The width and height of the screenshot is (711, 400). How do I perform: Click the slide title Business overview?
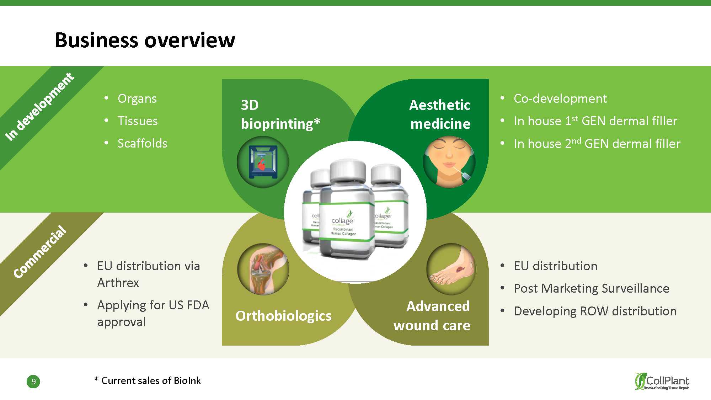click(x=145, y=40)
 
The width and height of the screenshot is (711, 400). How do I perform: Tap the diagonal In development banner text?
click(x=39, y=106)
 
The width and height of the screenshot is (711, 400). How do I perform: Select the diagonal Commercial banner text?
click(x=40, y=252)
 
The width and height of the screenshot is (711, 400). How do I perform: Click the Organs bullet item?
click(x=137, y=98)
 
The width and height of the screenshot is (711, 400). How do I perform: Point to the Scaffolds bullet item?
click(x=142, y=143)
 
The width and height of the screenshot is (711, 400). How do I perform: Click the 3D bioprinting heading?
click(x=280, y=114)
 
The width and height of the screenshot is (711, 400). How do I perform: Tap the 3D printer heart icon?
click(x=263, y=162)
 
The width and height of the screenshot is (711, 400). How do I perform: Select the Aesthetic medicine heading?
click(x=440, y=114)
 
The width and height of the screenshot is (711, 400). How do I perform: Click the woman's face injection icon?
click(x=449, y=162)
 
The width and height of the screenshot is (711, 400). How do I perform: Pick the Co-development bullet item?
click(x=560, y=98)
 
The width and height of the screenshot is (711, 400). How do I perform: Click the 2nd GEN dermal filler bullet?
click(x=597, y=144)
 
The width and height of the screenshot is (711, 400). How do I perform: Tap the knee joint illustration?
click(x=263, y=269)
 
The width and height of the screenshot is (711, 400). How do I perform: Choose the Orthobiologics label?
click(x=283, y=316)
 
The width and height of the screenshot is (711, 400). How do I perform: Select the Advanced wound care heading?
click(x=432, y=316)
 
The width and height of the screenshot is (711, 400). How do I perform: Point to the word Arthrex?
click(x=118, y=283)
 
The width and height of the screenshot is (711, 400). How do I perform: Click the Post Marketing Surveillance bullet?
click(x=591, y=288)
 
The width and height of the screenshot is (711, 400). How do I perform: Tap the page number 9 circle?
click(x=33, y=382)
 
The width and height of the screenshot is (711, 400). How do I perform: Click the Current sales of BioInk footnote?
click(x=148, y=381)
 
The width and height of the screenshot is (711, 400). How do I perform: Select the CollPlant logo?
click(x=662, y=382)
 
